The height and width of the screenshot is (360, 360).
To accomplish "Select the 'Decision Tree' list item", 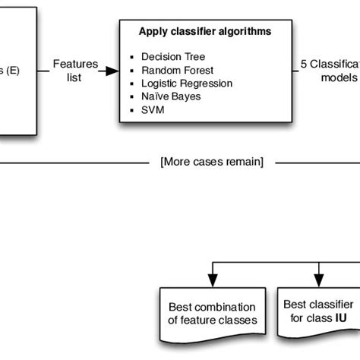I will [172, 56].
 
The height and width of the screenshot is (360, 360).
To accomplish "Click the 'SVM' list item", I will [152, 110].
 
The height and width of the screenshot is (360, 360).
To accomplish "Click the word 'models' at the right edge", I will [338, 77].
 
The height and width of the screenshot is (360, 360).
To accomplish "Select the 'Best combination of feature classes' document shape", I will [213, 312].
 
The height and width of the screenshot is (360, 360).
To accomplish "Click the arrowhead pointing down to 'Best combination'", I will [213, 279].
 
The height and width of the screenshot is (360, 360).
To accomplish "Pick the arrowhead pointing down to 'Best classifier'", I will [319, 279].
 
